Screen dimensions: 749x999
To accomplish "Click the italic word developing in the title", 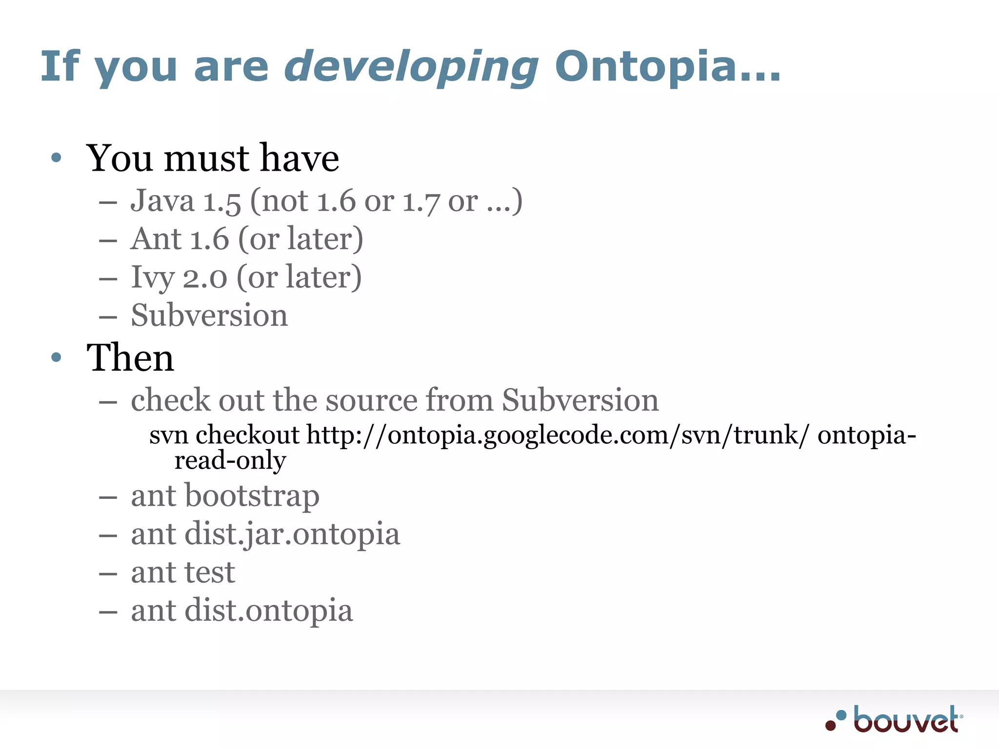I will tap(411, 67).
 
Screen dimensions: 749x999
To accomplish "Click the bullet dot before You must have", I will tap(56, 158).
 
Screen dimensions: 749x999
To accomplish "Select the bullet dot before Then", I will tap(56, 357).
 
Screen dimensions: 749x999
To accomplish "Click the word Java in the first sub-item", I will tap(162, 201).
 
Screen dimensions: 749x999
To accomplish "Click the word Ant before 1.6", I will tap(156, 239).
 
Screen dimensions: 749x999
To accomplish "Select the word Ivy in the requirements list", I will tap(152, 278).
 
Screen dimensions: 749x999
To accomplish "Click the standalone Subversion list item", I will tap(209, 315).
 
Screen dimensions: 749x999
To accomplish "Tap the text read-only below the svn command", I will tap(230, 460).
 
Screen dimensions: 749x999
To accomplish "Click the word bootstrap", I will tap(252, 496).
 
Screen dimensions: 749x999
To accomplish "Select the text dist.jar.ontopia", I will tap(292, 534).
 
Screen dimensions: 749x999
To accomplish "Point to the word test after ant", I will tap(210, 572).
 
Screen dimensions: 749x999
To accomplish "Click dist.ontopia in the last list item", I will tap(269, 611).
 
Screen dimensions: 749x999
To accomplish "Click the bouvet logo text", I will tap(906, 720).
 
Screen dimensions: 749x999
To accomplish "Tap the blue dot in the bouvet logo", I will tap(841, 715).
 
